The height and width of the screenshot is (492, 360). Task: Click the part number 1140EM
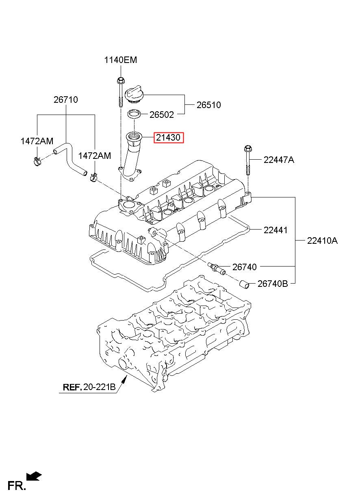pos(120,60)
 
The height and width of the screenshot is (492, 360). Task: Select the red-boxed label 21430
pos(168,138)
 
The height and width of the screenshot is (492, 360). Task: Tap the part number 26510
pos(209,105)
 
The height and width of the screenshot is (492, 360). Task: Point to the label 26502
pos(162,115)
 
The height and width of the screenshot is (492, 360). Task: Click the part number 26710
pos(66,100)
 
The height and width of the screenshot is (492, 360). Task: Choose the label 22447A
pos(279,160)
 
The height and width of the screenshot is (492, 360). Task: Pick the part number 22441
pos(275,230)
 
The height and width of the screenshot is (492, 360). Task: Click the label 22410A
pos(322,241)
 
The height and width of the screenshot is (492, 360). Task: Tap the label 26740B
pos(273,284)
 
